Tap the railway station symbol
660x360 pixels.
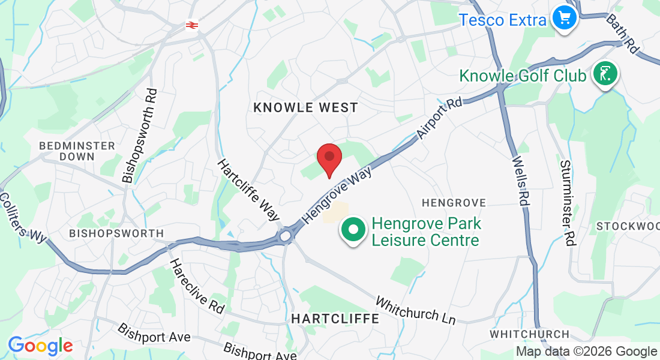pyautogui.click(x=192, y=25)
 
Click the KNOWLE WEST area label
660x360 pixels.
pyautogui.click(x=305, y=107)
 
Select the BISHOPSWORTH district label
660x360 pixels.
pyautogui.click(x=116, y=233)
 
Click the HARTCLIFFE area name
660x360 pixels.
pyautogui.click(x=335, y=319)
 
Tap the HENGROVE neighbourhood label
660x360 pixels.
pyautogui.click(x=454, y=203)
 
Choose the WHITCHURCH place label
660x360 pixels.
pyautogui.click(x=529, y=334)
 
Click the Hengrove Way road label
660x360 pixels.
pyautogui.click(x=338, y=195)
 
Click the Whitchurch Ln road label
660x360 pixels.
pyautogui.click(x=416, y=310)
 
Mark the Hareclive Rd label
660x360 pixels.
pyautogui.click(x=196, y=286)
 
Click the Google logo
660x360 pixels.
pyautogui.click(x=40, y=346)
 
